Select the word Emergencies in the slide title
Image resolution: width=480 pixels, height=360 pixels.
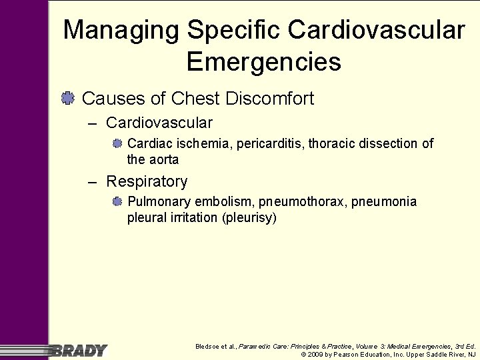tap(264, 62)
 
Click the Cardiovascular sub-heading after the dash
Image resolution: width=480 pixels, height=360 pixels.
tap(159, 123)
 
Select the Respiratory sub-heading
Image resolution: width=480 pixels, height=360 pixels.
tap(147, 181)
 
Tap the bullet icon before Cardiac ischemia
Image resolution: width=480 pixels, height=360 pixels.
tap(117, 143)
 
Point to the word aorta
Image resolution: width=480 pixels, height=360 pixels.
tap(163, 159)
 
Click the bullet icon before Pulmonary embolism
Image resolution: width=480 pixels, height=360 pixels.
tap(117, 201)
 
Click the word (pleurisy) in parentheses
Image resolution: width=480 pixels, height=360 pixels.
tap(249, 217)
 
